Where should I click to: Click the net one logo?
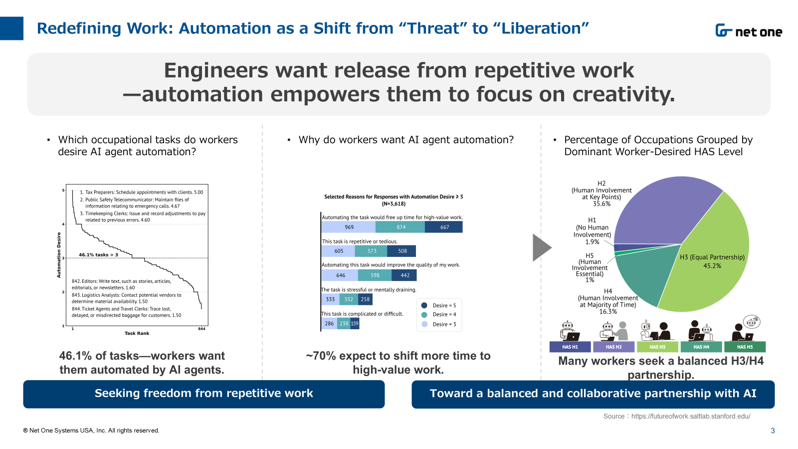click(749, 30)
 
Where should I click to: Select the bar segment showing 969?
click(349, 227)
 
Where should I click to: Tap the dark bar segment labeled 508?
click(401, 251)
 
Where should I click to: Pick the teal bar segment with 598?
click(375, 275)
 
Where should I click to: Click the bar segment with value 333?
click(330, 299)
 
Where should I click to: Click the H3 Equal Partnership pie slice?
click(709, 256)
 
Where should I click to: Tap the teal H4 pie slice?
click(641, 274)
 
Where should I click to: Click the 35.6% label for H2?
click(601, 204)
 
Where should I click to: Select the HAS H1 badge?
click(570, 347)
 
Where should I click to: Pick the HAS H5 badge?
click(745, 347)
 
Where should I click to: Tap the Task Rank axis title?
click(137, 333)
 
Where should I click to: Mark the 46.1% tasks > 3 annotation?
click(98, 255)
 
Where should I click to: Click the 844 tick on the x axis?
click(201, 329)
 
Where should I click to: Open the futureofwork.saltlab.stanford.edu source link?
click(691, 416)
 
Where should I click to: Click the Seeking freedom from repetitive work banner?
click(204, 394)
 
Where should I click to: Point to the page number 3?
click(773, 431)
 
